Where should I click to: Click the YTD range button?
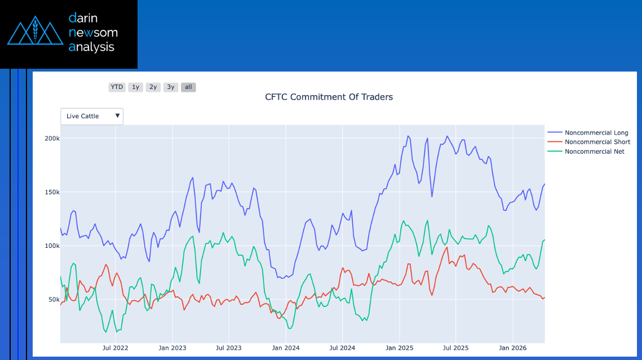click(117, 87)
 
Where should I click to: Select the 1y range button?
click(135, 87)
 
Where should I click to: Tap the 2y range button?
click(153, 87)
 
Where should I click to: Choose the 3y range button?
click(171, 87)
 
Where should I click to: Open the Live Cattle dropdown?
click(92, 116)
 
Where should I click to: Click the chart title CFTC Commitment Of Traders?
click(329, 97)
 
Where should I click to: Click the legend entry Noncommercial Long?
click(596, 133)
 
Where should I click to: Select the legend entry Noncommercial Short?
click(597, 142)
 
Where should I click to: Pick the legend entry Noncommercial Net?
click(594, 152)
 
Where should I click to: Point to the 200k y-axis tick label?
click(52, 139)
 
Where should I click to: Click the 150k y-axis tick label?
click(52, 192)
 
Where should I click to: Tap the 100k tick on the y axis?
click(52, 246)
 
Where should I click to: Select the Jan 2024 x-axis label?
click(285, 348)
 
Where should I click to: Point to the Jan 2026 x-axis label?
click(512, 348)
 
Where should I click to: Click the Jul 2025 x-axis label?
click(455, 348)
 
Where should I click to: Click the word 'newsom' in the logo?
click(93, 33)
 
